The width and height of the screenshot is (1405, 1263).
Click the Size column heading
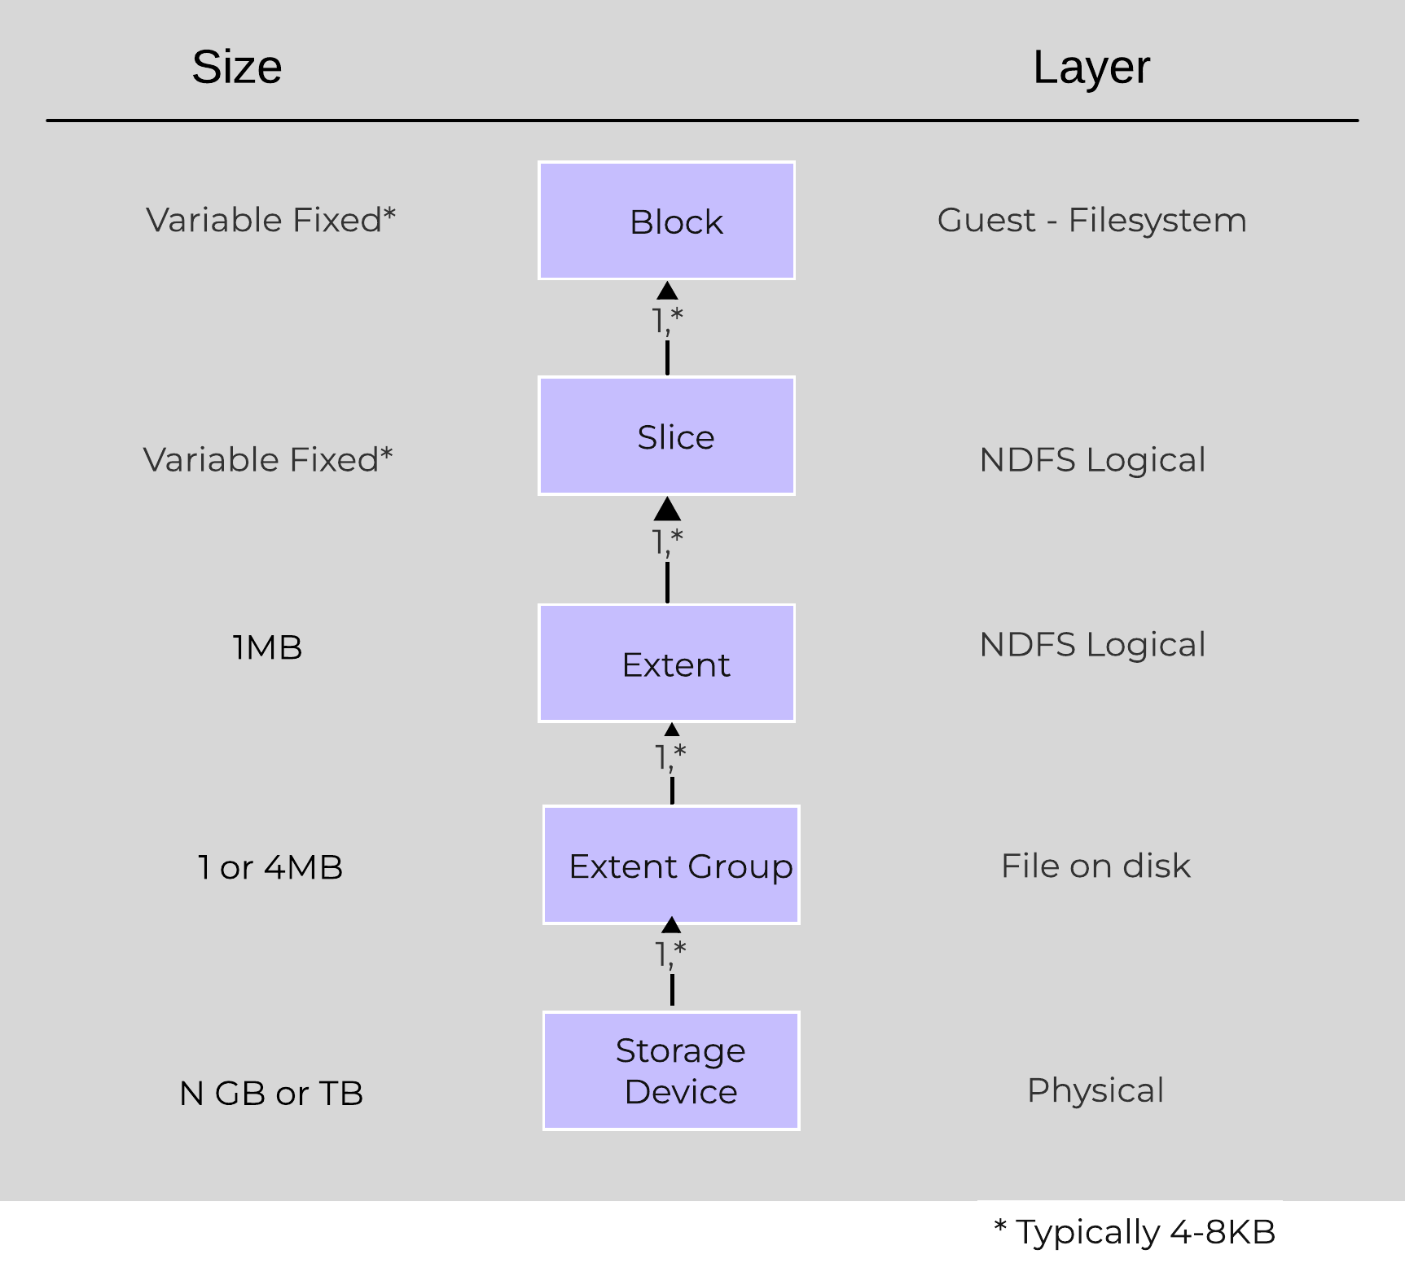pos(237,67)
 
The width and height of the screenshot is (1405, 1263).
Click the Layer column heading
pos(1091,67)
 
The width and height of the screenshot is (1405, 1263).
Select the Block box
pos(666,221)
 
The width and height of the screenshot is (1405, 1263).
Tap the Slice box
pos(666,436)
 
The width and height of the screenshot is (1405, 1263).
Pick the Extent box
pos(666,663)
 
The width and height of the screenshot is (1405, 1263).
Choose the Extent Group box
pos(671,865)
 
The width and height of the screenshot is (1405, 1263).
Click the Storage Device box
pos(671,1070)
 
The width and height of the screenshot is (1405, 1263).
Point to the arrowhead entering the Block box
pos(667,291)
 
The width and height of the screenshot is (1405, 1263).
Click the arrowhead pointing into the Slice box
pos(667,510)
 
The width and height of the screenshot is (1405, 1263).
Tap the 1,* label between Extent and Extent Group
pos(671,756)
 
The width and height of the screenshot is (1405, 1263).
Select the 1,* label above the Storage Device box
pos(671,953)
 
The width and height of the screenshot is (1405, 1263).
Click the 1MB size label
pos(267,648)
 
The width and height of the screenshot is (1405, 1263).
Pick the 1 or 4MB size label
pos(270,867)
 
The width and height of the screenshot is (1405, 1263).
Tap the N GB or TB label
pos(271,1093)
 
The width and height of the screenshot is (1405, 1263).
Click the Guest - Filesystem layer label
pos(1091,220)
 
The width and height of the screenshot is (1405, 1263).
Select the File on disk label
pos(1095,866)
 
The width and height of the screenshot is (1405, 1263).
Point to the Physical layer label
pos(1095,1090)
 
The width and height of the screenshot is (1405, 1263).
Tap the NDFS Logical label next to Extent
pos(1092,645)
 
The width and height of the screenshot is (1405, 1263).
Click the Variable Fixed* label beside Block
pos(270,220)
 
